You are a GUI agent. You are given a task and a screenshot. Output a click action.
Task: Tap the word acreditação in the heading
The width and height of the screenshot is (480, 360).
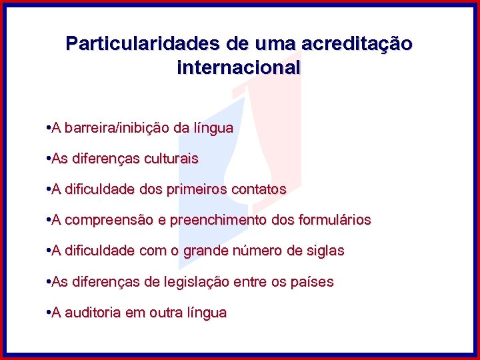tap(357, 44)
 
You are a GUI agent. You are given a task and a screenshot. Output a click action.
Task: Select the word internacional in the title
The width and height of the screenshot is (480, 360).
tap(239, 67)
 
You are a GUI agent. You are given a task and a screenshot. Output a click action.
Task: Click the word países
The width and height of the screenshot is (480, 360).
tap(313, 282)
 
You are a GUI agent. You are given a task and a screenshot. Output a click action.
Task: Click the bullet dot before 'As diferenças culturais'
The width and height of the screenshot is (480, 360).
tap(49, 159)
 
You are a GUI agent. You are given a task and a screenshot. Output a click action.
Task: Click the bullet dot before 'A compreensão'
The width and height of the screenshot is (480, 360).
tap(49, 220)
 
